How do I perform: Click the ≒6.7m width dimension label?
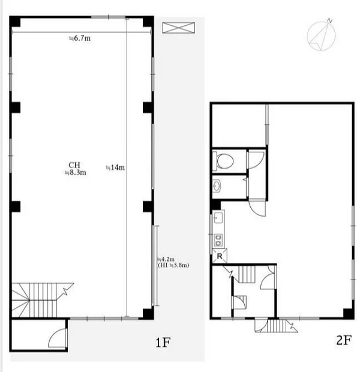click(80, 38)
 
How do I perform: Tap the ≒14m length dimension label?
click(115, 167)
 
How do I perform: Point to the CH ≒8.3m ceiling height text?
click(75, 169)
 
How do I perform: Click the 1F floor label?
click(163, 343)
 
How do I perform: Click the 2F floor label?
click(344, 340)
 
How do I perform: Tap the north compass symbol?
click(321, 35)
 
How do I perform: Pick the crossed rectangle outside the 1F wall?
click(178, 28)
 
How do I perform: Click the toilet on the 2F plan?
click(223, 161)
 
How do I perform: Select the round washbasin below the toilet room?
click(217, 186)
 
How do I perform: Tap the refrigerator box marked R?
click(220, 256)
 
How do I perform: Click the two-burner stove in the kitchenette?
click(218, 240)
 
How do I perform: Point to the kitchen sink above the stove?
click(218, 218)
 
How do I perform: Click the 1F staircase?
click(40, 300)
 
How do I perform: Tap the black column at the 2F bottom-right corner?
click(349, 313)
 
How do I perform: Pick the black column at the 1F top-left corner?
click(15, 22)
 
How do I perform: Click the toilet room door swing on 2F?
click(256, 160)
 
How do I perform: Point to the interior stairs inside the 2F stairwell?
click(246, 274)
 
